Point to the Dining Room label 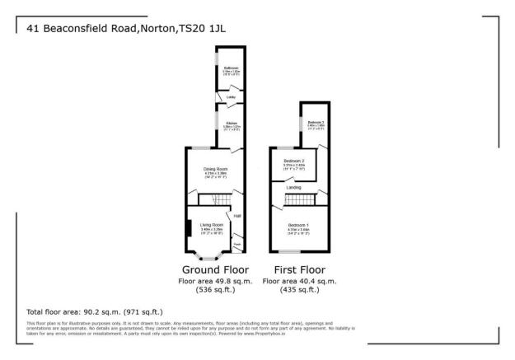[215, 169]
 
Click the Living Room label [212, 224]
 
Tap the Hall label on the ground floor [237, 216]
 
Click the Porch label [237, 244]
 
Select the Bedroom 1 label [298, 224]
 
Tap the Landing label [293, 188]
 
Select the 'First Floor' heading [297, 270]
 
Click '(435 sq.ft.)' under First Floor [297, 290]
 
